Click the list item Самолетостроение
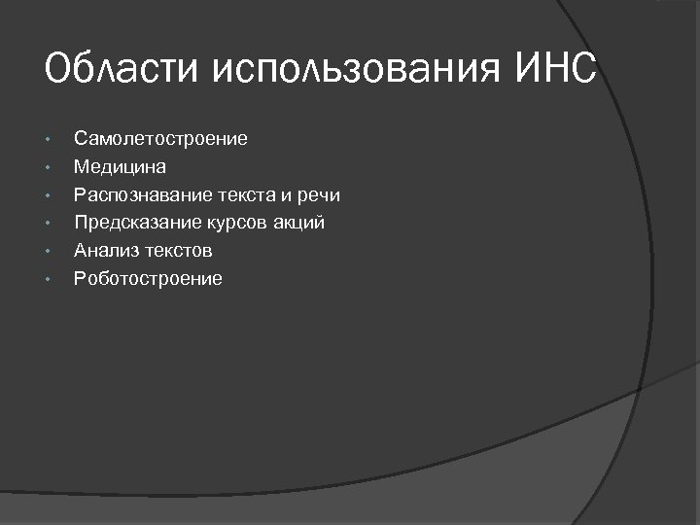click(x=160, y=139)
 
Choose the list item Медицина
click(x=120, y=167)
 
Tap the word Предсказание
click(x=138, y=224)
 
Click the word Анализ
click(x=104, y=251)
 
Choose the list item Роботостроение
click(x=148, y=279)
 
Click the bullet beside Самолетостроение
click(x=47, y=140)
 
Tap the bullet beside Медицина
click(x=47, y=168)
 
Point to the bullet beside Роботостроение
click(x=47, y=280)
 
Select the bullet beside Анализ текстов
click(x=47, y=252)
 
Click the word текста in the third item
click(x=249, y=195)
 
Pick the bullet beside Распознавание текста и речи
click(x=47, y=196)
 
